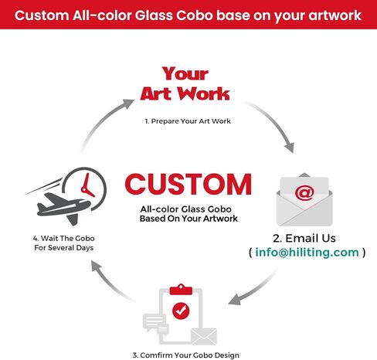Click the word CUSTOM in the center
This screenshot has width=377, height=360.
coord(188,184)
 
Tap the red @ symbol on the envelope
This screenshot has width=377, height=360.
coord(304,193)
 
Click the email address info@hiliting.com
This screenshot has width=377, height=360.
coord(307,252)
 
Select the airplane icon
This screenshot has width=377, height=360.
coord(63,207)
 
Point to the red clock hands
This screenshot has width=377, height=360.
coord(87,186)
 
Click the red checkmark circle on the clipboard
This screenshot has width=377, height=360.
coord(181,311)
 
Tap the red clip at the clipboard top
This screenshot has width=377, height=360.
coord(181,290)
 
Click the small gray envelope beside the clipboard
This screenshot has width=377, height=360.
coord(204,336)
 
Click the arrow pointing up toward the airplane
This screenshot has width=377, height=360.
coord(108,284)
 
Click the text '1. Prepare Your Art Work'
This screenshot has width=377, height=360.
coord(188,121)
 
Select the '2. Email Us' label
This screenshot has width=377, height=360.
coord(304,238)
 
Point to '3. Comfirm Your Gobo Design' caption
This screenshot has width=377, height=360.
coord(185,355)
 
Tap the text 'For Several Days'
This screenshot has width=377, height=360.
coord(64,248)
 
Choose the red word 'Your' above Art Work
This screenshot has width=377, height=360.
coord(185,73)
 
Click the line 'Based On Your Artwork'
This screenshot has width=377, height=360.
coord(188,219)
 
